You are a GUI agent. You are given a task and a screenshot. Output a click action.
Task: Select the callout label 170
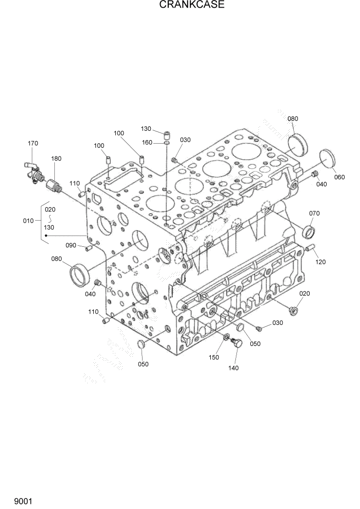33,143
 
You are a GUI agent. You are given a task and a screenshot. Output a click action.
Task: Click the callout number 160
147,142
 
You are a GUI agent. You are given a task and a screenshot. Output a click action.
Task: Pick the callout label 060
339,177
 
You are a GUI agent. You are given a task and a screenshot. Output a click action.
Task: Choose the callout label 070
314,213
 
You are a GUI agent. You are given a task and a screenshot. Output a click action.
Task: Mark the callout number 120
321,262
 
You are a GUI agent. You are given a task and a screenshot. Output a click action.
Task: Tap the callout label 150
214,357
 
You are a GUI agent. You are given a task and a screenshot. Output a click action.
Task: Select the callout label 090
71,245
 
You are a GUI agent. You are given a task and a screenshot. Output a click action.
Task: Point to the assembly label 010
28,221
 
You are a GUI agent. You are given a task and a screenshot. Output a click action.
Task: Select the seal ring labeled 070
309,231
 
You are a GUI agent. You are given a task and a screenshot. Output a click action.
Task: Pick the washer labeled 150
226,337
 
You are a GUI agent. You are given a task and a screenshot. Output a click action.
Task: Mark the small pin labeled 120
309,249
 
